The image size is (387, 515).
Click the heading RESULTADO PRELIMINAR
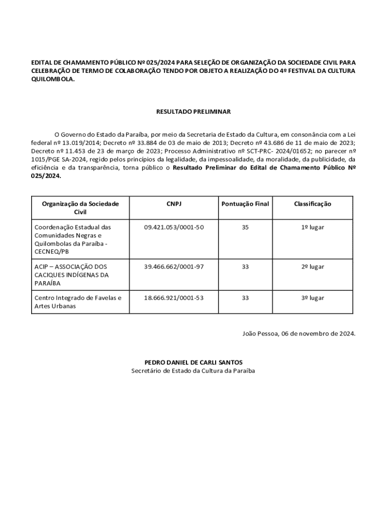click(193, 112)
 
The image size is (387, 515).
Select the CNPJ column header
click(174, 204)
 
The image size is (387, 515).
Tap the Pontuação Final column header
click(245, 204)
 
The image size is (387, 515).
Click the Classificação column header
click(313, 204)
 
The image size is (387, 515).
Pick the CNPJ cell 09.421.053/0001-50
click(174, 227)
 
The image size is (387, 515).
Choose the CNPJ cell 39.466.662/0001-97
click(174, 267)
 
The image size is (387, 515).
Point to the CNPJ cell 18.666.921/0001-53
click(174, 298)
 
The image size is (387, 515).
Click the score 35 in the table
click(245, 227)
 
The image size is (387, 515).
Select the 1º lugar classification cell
click(313, 227)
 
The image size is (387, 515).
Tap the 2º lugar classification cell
click(313, 267)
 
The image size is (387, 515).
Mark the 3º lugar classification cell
click(313, 298)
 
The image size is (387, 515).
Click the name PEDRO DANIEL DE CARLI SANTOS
click(193, 362)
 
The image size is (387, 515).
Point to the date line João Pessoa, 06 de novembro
click(299, 333)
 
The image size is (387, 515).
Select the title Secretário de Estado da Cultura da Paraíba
click(193, 371)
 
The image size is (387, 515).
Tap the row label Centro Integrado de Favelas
click(78, 298)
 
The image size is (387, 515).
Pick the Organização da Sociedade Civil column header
click(80, 208)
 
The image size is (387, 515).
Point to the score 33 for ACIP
click(245, 267)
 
